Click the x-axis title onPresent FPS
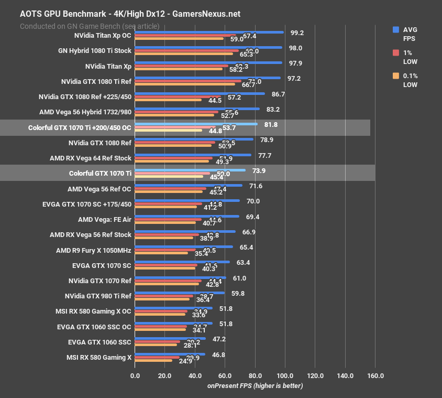(255, 385)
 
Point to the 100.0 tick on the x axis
(285, 375)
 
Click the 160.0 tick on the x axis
(375, 375)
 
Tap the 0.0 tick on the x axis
(135, 375)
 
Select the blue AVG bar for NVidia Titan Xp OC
(209, 32)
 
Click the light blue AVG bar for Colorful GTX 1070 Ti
(190, 170)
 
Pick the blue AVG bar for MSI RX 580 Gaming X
(170, 354)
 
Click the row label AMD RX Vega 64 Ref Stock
(91, 158)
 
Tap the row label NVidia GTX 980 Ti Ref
(98, 296)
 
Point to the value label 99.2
(297, 33)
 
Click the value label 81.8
(271, 125)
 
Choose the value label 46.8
(219, 354)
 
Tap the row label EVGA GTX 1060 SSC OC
(94, 327)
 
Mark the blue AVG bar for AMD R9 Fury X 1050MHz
(184, 246)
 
